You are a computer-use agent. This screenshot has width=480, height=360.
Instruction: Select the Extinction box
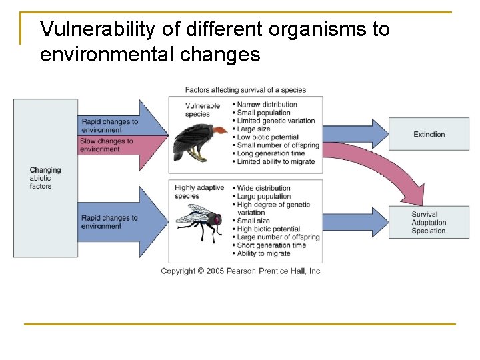click(x=429, y=134)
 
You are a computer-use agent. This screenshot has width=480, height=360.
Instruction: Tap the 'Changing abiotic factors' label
click(x=45, y=178)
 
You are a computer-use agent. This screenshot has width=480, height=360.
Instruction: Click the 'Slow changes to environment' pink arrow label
click(x=107, y=145)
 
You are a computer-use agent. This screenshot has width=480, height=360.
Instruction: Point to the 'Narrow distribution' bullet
click(x=267, y=104)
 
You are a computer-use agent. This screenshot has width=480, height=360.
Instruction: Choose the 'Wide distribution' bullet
click(x=264, y=188)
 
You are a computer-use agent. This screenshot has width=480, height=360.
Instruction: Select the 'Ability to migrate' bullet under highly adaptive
click(x=265, y=253)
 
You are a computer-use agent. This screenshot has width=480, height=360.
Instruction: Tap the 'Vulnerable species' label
click(x=202, y=109)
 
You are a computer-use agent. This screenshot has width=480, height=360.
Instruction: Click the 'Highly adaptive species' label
click(x=199, y=192)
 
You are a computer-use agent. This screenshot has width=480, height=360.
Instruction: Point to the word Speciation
click(x=428, y=231)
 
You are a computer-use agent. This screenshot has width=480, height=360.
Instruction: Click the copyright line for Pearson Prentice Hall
click(x=241, y=271)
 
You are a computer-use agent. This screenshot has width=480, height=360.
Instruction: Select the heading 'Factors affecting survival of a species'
click(x=245, y=90)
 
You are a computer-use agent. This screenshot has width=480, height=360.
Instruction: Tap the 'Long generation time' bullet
click(x=271, y=153)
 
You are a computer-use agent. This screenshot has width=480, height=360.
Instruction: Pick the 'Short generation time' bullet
click(x=271, y=245)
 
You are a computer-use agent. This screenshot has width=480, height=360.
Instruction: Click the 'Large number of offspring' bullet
click(x=278, y=237)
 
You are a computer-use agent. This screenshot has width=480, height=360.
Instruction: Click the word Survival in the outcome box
click(x=424, y=215)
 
